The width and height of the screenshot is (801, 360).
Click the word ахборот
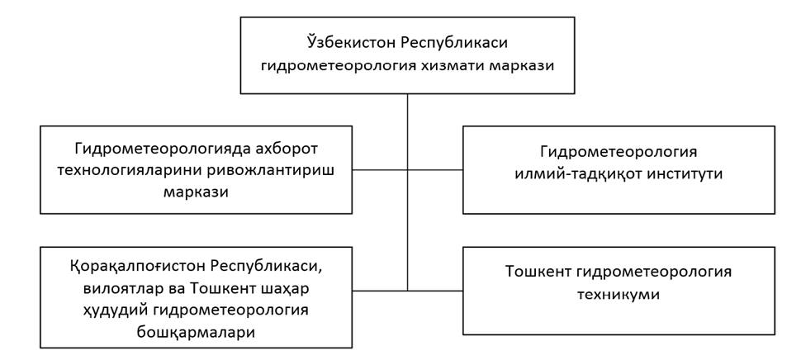(x=284, y=150)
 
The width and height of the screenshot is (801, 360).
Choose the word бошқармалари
(x=197, y=332)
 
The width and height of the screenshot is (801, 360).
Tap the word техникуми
(x=619, y=295)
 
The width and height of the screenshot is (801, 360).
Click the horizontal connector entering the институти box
(x=435, y=169)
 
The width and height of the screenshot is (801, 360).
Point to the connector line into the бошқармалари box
(x=380, y=291)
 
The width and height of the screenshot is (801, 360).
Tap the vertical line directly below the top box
(x=408, y=192)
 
